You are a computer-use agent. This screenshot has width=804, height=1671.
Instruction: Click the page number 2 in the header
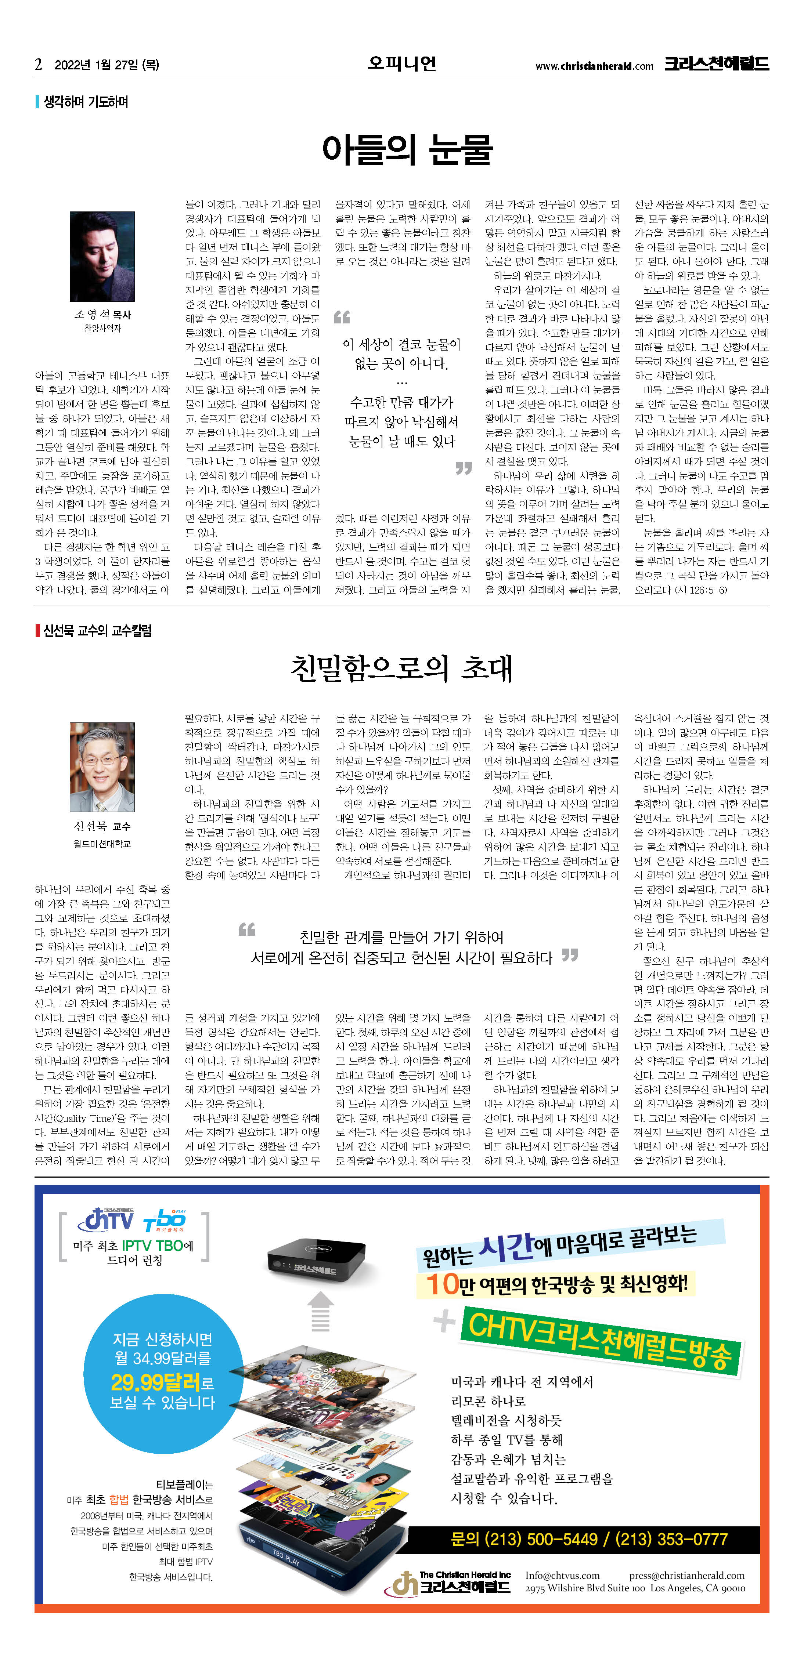pos(39,64)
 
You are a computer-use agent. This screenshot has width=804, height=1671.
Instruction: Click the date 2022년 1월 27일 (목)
pos(107,65)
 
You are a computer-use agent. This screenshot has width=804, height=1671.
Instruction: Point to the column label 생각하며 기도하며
pos(86,102)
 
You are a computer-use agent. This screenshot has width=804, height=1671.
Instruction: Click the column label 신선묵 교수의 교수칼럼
pos(97,631)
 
